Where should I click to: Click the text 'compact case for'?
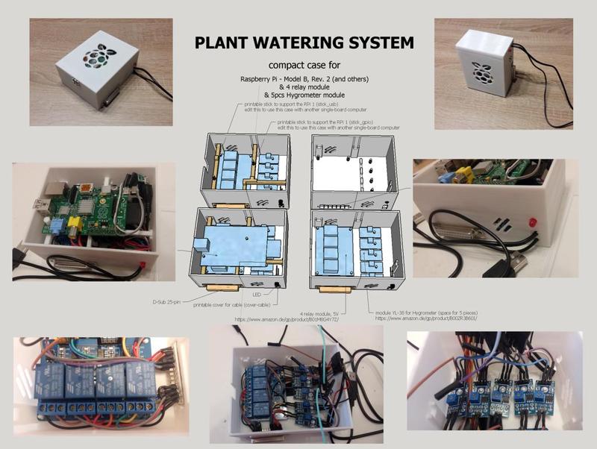tap(304, 65)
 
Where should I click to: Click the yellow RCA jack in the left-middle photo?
tap(74, 221)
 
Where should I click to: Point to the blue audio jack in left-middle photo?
tap(56, 224)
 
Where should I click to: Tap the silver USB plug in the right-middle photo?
tap(515, 262)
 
